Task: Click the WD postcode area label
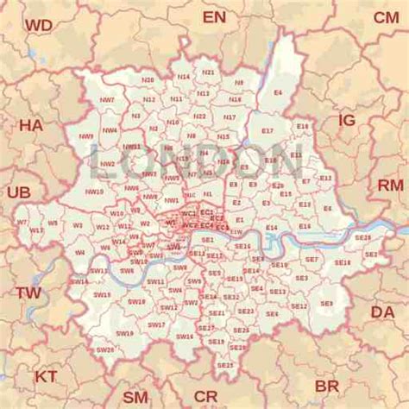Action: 38,26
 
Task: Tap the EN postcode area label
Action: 214,17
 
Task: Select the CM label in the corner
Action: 386,17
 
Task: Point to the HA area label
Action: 30,126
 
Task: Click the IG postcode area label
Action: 346,121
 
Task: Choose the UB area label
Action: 18,192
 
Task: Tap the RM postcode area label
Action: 390,186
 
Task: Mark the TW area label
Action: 28,293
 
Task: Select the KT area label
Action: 46,376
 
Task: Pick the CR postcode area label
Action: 205,396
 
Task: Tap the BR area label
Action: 327,386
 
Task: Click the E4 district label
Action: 277,91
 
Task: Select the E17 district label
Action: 267,130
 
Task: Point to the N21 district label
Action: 208,72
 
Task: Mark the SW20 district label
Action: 105,349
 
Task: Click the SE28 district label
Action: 362,236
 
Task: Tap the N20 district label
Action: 148,79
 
